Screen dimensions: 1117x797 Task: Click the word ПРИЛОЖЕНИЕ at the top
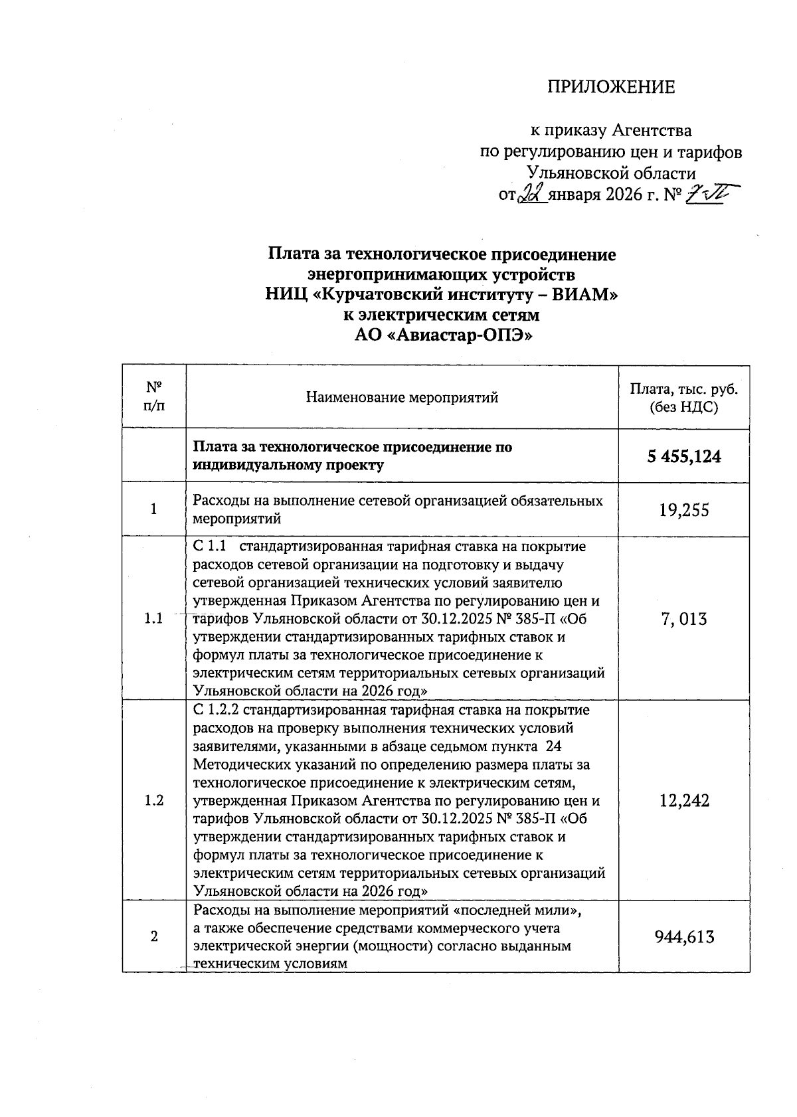coord(610,87)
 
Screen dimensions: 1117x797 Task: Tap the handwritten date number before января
coord(533,194)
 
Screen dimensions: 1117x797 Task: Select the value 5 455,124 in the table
coord(684,456)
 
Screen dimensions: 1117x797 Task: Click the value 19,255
coord(684,509)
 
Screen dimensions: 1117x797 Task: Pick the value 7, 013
coord(684,619)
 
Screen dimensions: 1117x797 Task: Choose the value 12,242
coord(684,800)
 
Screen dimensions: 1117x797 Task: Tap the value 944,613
coord(684,937)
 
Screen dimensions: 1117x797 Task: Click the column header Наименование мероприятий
coord(402,398)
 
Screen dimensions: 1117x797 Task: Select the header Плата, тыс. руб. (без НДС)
coord(684,398)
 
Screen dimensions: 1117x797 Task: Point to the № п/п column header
coord(154,396)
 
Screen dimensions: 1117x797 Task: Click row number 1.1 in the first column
coord(154,619)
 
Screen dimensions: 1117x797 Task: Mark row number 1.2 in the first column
coord(154,800)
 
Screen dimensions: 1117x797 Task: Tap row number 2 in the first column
coord(154,937)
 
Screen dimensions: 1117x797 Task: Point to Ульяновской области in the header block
coord(610,173)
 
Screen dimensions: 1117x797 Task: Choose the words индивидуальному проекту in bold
coord(288,465)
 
